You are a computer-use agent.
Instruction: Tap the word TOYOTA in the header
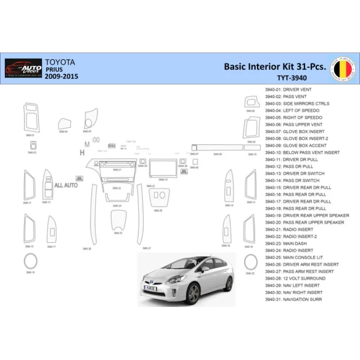[x=60, y=62]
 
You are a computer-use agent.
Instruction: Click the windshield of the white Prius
[x=181, y=266]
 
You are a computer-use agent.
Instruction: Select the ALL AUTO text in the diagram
[x=65, y=185]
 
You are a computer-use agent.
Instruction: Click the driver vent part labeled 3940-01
[x=30, y=117]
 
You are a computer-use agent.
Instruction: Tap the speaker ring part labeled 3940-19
[x=30, y=261]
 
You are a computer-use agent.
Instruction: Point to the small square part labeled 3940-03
[x=31, y=146]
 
